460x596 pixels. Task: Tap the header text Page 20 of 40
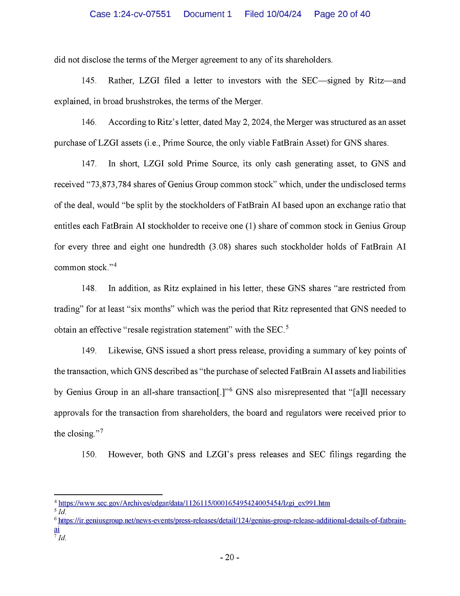pyautogui.click(x=342, y=14)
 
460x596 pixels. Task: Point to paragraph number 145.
pyautogui.click(x=89, y=81)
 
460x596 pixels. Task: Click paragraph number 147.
pyautogui.click(x=89, y=164)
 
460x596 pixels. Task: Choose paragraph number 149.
pyautogui.click(x=89, y=351)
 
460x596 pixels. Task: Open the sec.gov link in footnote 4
pyautogui.click(x=194, y=503)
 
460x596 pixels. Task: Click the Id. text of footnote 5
pyautogui.click(x=63, y=512)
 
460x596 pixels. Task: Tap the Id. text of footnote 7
pyautogui.click(x=63, y=538)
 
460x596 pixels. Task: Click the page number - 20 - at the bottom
pyautogui.click(x=229, y=558)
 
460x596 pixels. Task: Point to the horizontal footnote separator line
pyautogui.click(x=108, y=495)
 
